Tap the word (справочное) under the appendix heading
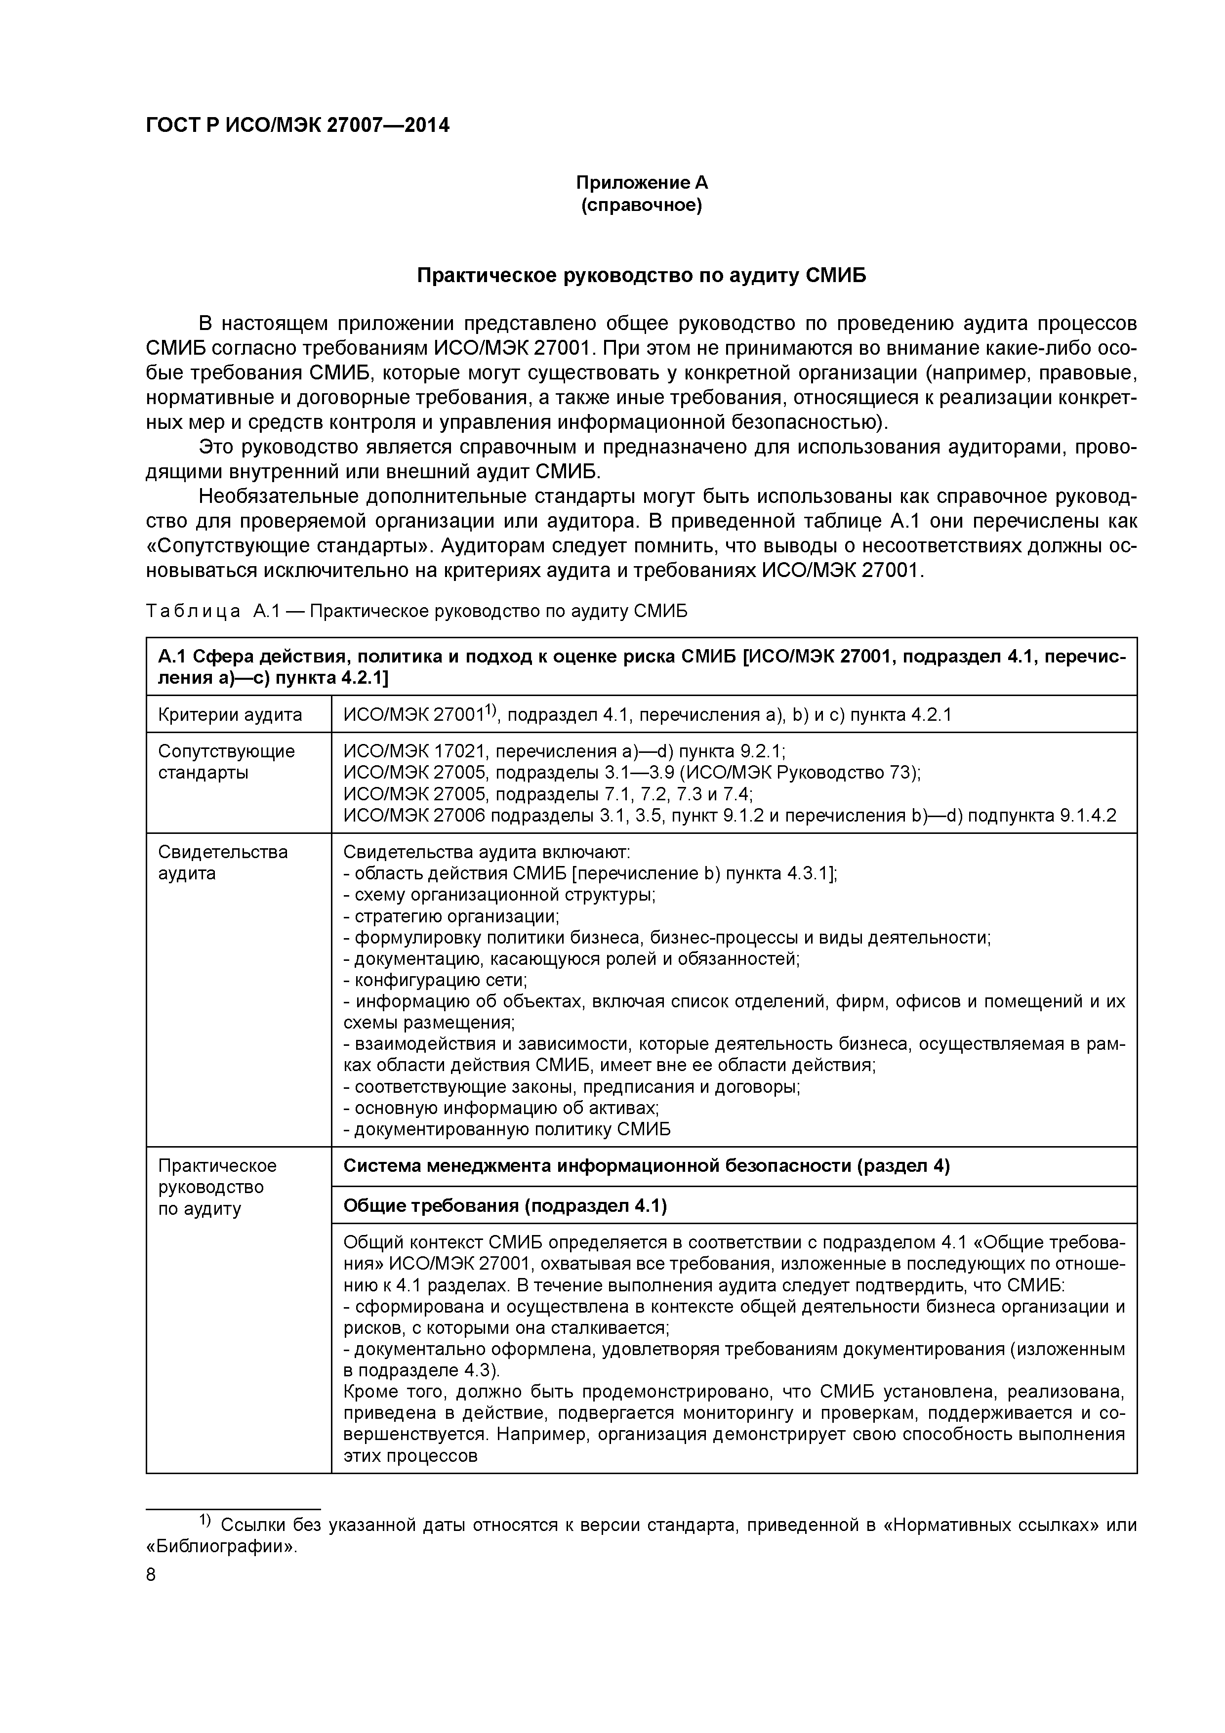642,206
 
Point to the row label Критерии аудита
230,715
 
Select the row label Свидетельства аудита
223,863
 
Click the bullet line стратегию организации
451,917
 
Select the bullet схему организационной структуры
500,895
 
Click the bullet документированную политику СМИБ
507,1130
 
